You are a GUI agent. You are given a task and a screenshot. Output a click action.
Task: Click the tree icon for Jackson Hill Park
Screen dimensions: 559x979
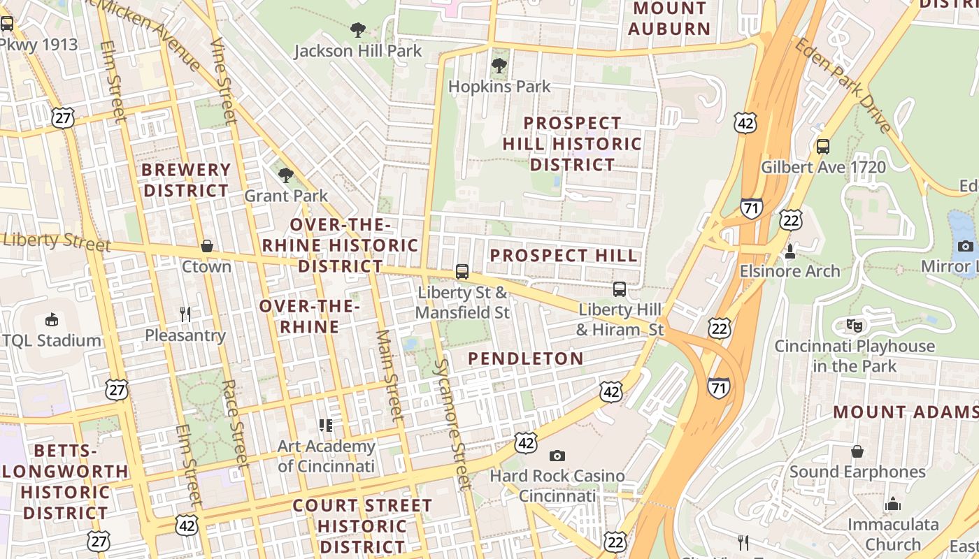(358, 30)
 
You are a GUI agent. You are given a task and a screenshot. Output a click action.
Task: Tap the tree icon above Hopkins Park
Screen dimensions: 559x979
(499, 66)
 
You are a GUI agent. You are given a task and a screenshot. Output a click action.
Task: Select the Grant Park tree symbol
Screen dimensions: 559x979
(285, 175)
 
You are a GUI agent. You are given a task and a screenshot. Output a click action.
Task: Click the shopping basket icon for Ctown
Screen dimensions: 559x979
(207, 246)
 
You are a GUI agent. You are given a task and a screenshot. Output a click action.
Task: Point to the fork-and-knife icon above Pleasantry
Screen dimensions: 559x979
(185, 314)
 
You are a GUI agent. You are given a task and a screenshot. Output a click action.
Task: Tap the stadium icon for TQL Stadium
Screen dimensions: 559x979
(52, 319)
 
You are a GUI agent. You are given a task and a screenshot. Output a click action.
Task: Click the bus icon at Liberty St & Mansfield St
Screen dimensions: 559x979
(462, 272)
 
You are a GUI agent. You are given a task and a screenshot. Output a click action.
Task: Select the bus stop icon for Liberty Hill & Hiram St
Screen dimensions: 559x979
(620, 289)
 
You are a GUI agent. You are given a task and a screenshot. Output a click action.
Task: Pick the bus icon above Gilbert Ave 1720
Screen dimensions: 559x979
(823, 147)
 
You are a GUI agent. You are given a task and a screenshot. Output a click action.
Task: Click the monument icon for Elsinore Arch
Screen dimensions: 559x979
(791, 250)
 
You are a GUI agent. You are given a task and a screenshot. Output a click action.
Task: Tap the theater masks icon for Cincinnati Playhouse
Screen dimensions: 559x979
(854, 325)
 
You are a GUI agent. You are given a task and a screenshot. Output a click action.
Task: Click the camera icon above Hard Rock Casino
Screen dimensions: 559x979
(557, 456)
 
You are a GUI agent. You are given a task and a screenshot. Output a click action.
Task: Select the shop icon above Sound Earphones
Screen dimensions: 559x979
(857, 451)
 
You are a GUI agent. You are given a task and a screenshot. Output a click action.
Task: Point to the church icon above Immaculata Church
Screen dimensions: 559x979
(893, 504)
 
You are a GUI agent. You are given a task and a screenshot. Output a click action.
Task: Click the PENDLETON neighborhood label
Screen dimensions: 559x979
(525, 358)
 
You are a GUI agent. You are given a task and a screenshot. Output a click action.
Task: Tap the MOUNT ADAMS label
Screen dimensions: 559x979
(905, 412)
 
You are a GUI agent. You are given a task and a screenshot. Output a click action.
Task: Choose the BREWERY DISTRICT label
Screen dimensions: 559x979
(186, 180)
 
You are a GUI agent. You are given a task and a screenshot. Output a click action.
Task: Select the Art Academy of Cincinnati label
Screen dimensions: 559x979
(326, 456)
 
